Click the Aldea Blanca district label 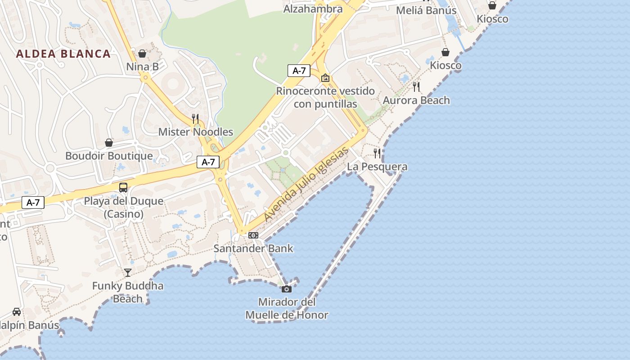tap(63, 54)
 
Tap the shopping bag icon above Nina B tap(142, 54)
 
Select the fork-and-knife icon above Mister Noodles tap(195, 119)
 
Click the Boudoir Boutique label tap(109, 156)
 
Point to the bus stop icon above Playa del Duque tap(123, 188)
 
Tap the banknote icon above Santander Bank tap(253, 235)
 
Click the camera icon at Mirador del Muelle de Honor tap(287, 289)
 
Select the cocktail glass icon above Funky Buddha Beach tap(128, 273)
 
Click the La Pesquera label tap(377, 167)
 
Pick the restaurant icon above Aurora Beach tap(416, 87)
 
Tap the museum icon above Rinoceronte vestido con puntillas tap(325, 78)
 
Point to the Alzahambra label tap(313, 9)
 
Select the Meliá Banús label tap(426, 10)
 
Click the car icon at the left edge tap(17, 312)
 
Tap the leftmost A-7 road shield tap(33, 202)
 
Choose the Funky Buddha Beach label tap(128, 292)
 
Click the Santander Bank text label tap(253, 248)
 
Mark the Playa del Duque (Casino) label tap(124, 207)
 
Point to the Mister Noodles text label tap(196, 132)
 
